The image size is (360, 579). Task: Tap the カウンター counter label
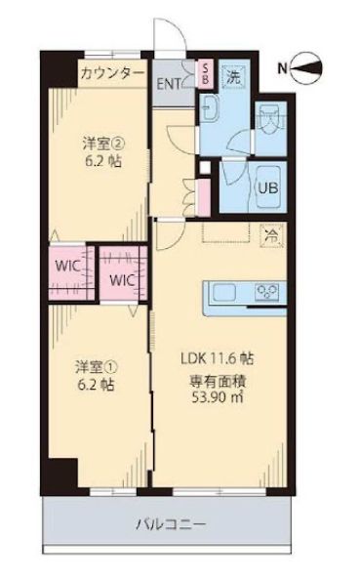[112, 73]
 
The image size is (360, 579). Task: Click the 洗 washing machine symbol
[235, 73]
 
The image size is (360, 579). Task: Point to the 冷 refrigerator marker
[271, 234]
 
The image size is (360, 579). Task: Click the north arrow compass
[311, 67]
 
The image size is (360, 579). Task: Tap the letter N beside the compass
[282, 68]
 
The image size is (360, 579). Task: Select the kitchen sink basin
[223, 292]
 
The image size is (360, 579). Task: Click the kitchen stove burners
[266, 291]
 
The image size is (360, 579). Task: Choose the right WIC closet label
[121, 279]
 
